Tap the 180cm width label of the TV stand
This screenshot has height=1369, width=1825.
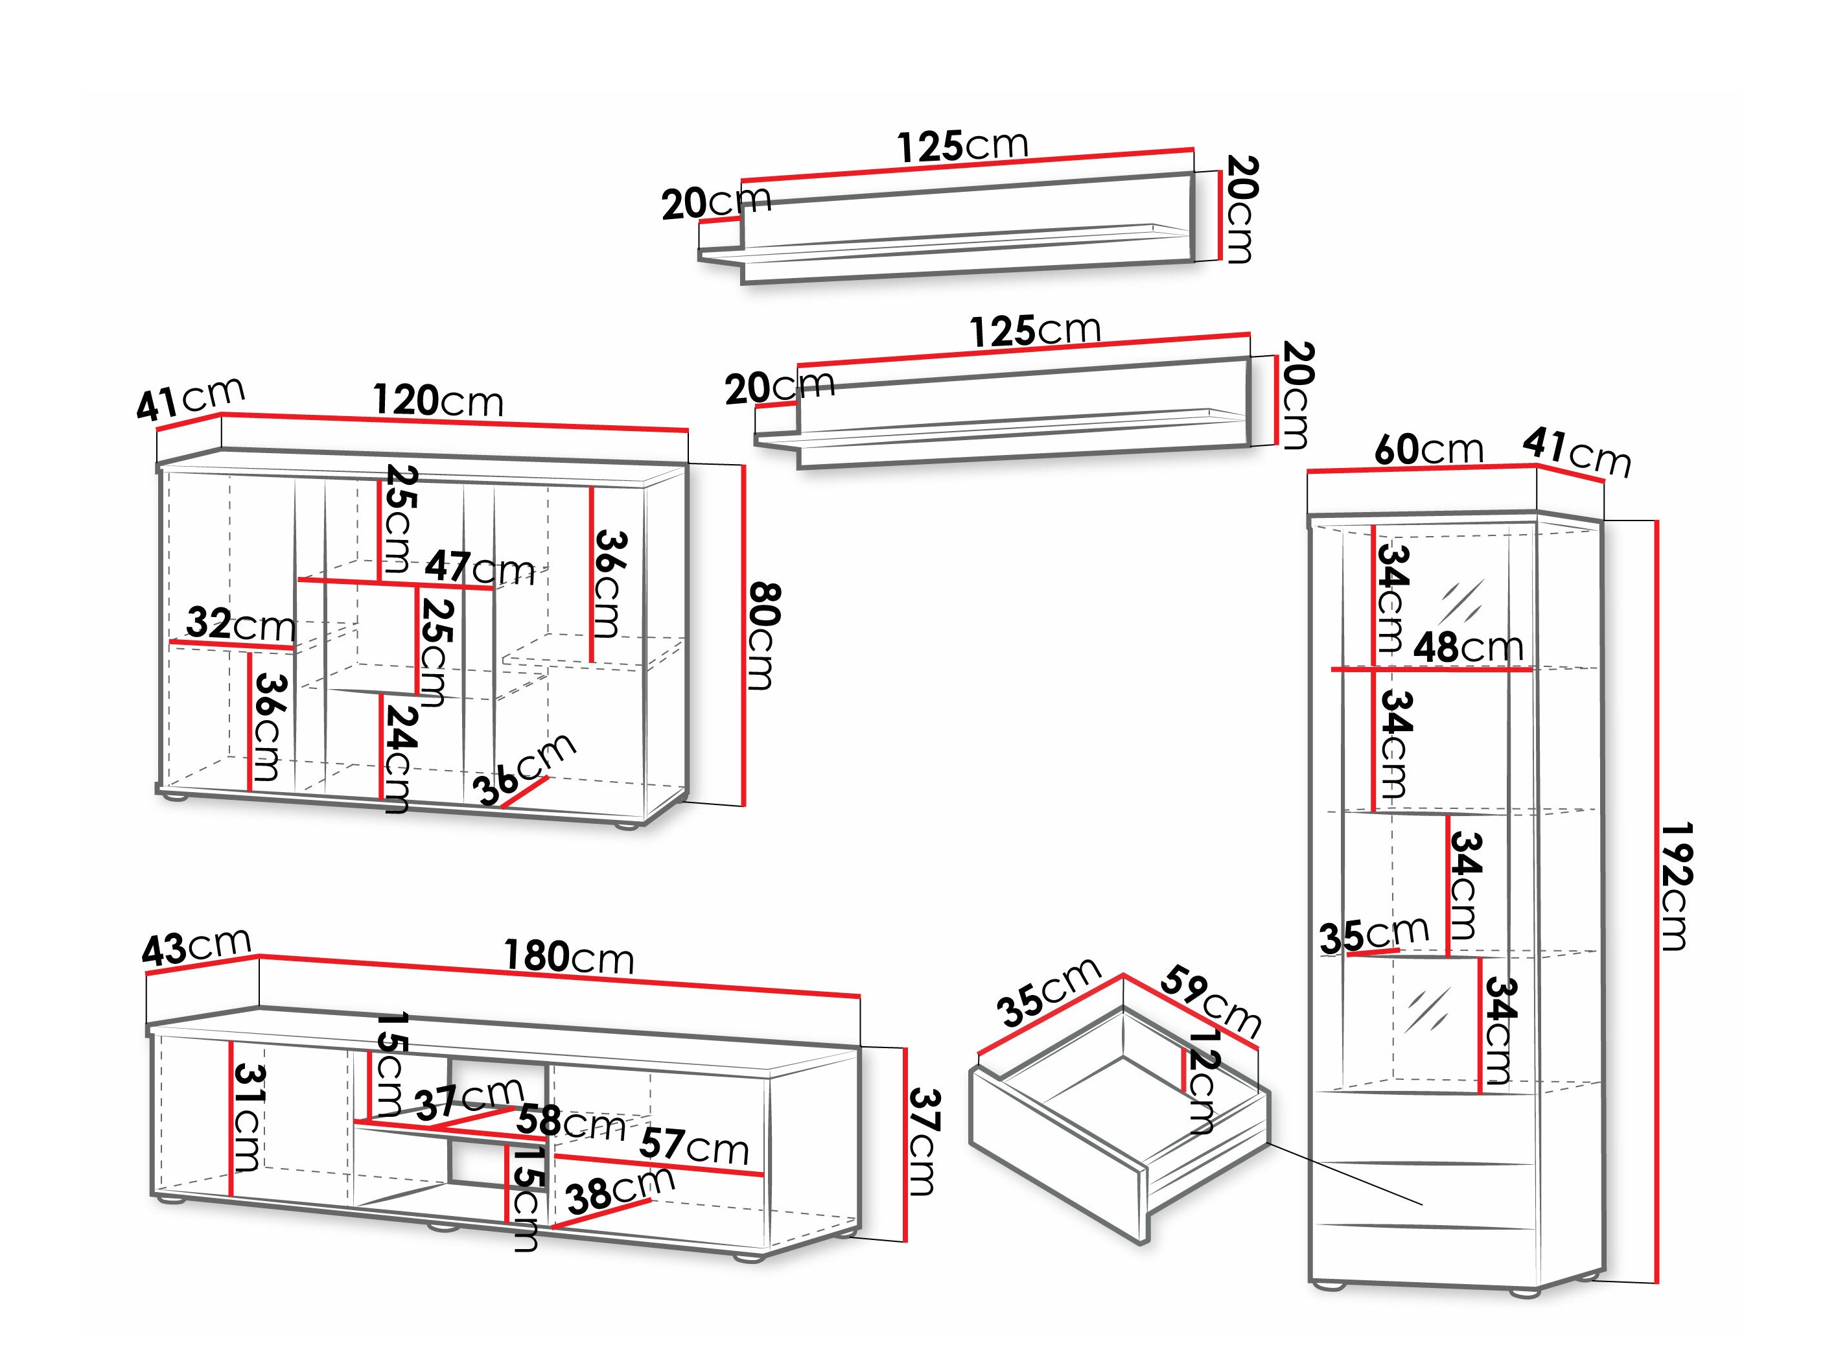coord(568,957)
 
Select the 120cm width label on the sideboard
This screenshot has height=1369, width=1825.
coord(437,401)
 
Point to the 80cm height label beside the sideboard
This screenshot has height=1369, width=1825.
coord(763,635)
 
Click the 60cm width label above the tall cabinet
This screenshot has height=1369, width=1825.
coord(1428,450)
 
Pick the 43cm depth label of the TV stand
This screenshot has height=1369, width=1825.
coord(196,946)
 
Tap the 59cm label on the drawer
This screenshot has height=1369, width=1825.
coord(1211,1003)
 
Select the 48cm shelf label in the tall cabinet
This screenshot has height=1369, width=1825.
coord(1468,648)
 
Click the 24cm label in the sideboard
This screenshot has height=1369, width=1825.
coord(399,758)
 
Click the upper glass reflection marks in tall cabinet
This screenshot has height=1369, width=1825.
coord(1461,602)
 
